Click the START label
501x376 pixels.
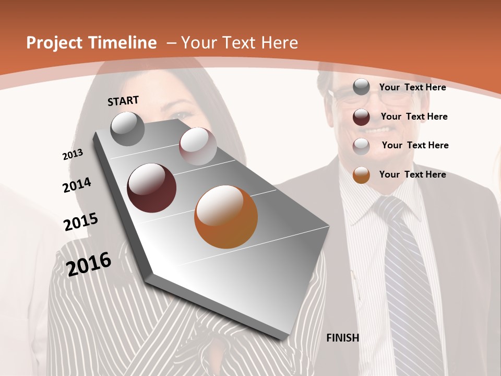point(123,101)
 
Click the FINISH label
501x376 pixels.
point(342,338)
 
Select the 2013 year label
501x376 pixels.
point(73,155)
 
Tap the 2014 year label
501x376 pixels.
point(77,185)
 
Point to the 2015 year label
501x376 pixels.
point(81,221)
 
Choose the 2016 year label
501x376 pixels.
point(89,264)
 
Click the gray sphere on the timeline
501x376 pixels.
point(128,129)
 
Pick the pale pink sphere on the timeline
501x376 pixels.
point(198,146)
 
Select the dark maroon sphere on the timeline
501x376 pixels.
point(151,188)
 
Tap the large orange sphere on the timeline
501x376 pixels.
point(226,217)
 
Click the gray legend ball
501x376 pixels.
point(361,87)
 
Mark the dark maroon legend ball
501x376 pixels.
point(361,116)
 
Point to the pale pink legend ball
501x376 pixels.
point(361,146)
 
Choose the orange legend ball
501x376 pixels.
point(361,174)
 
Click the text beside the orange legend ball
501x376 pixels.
point(412,174)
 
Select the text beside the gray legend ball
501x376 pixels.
point(412,87)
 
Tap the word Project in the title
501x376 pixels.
point(54,43)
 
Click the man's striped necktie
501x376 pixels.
point(407,272)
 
